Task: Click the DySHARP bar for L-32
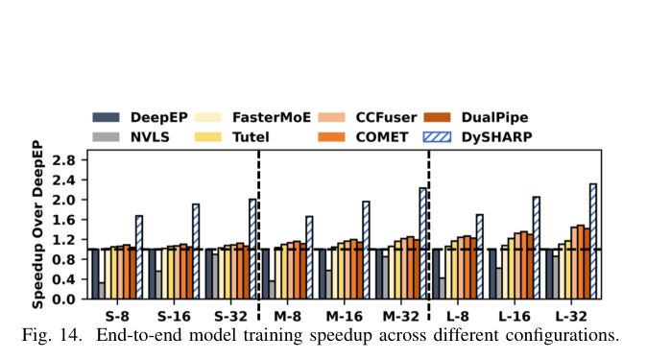(593, 241)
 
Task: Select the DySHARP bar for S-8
(139, 256)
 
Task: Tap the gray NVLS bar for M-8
(272, 290)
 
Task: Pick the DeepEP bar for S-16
(152, 274)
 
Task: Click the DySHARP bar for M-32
(422, 243)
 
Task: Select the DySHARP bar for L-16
(536, 248)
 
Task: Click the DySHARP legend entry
(478, 137)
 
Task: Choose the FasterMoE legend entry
(252, 117)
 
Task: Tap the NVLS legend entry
(132, 137)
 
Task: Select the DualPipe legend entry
(476, 117)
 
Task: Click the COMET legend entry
(363, 137)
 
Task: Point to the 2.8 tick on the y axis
(64, 160)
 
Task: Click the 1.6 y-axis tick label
(64, 220)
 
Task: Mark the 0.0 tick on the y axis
(64, 299)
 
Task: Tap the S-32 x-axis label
(230, 317)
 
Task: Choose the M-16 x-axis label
(344, 317)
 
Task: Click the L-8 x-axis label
(458, 317)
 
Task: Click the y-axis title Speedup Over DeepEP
(37, 225)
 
